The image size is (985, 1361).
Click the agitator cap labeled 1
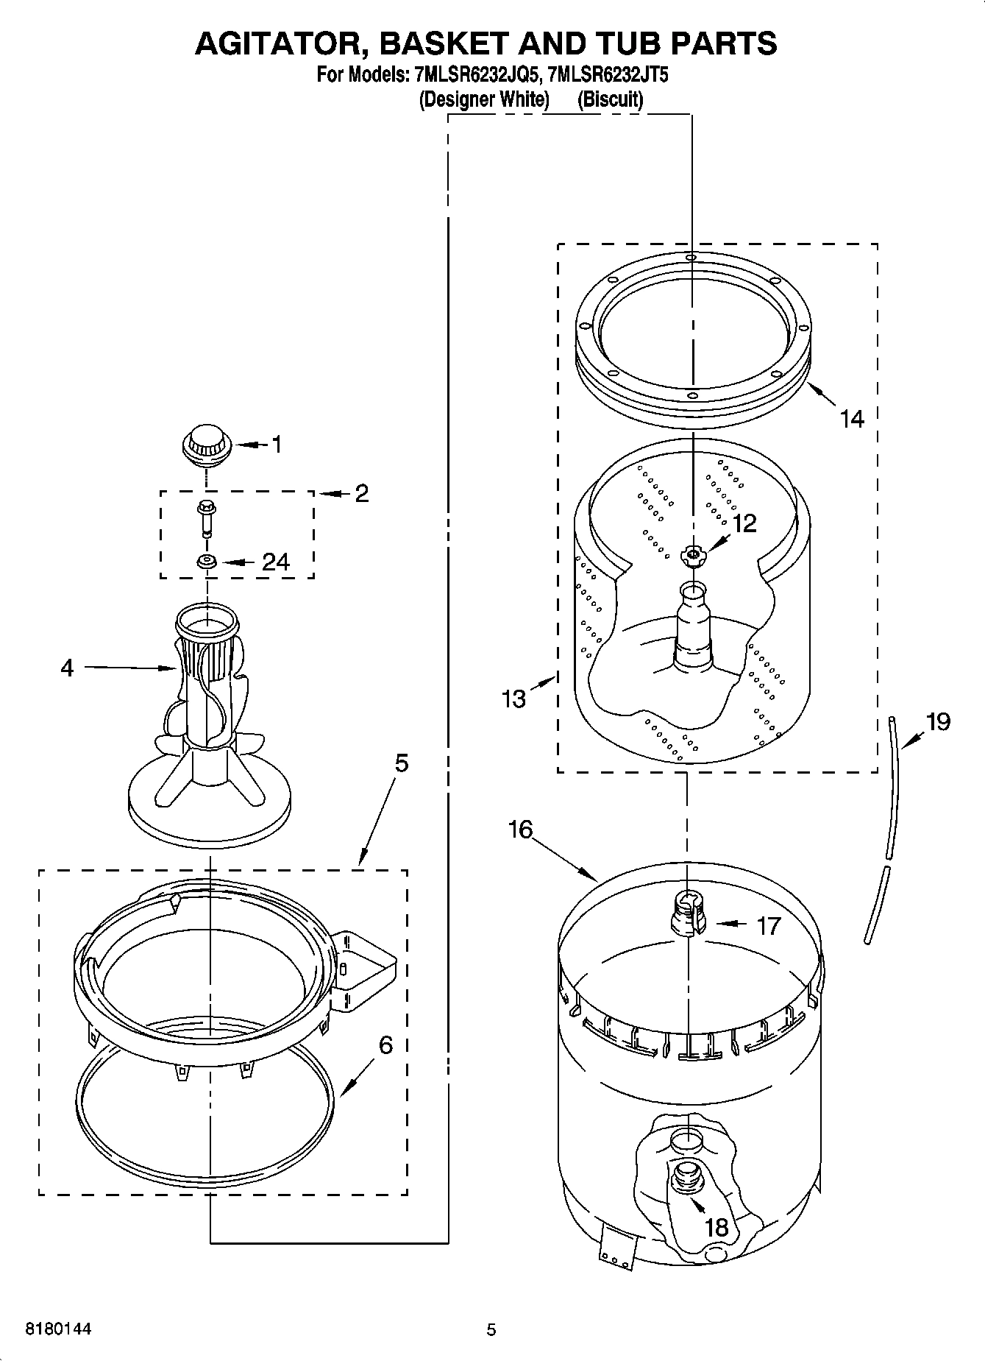[x=207, y=445]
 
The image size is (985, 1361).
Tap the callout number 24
[x=276, y=562]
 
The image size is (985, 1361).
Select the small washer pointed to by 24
[x=207, y=562]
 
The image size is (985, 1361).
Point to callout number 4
[x=67, y=668]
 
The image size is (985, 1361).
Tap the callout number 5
[x=401, y=763]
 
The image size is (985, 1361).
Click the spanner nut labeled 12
[x=692, y=555]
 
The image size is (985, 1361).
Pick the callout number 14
[x=852, y=420]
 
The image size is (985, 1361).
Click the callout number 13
[x=513, y=699]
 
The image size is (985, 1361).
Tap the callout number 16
[x=519, y=830]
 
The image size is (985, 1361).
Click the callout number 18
[x=716, y=1227]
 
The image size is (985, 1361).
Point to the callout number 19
[x=938, y=722]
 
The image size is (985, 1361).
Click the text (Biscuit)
[x=611, y=99]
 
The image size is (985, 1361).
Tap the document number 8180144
[x=58, y=1329]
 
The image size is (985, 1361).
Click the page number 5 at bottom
[x=491, y=1329]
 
